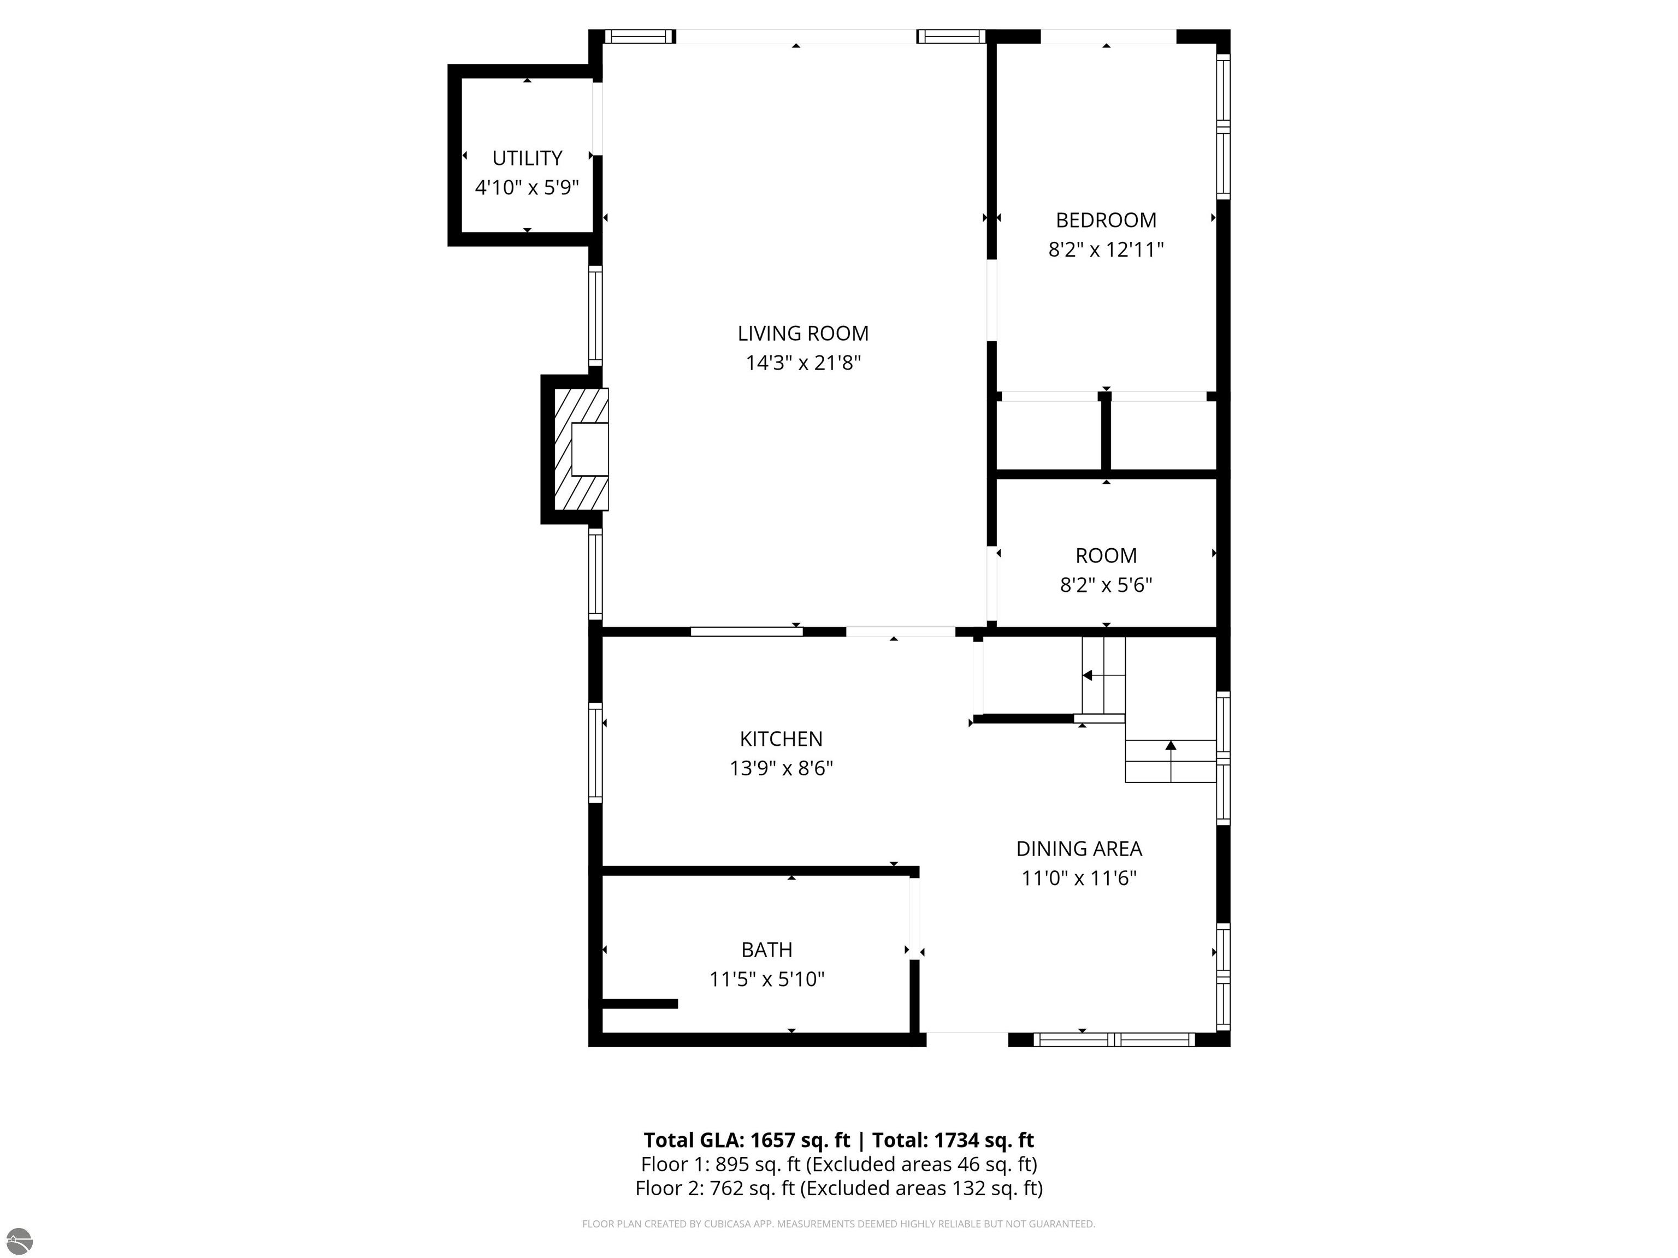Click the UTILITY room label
[527, 158]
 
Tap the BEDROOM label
[1106, 221]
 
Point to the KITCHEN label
[781, 739]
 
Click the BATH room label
[767, 950]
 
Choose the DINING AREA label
[1079, 849]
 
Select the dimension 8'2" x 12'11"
[1106, 250]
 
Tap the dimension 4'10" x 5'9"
[527, 187]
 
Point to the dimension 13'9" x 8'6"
[781, 769]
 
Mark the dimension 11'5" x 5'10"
[767, 980]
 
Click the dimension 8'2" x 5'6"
[1106, 585]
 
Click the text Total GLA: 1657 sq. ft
[747, 1141]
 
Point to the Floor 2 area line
[839, 1188]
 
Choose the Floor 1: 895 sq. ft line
[839, 1164]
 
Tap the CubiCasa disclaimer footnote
[839, 1224]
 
